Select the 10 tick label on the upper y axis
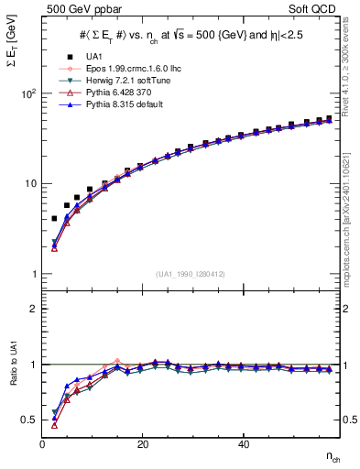(29, 183)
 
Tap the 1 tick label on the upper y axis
(32, 274)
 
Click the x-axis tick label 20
(143, 444)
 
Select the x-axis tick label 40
(243, 444)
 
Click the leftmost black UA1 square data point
(54, 219)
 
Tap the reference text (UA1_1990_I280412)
(191, 275)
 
